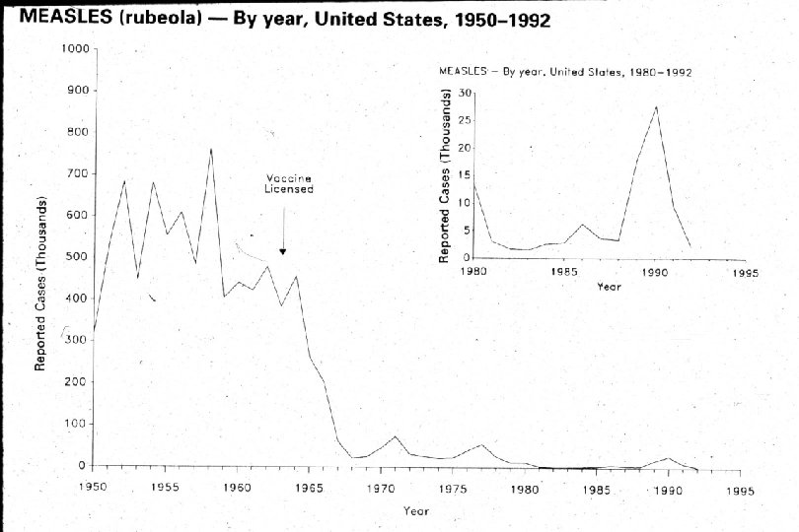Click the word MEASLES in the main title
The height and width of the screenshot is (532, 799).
[x=54, y=19]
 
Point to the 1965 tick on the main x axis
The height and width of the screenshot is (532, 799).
[x=309, y=488]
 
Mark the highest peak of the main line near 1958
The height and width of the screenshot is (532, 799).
[x=210, y=149]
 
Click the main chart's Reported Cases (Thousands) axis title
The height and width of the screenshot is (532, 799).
[x=42, y=286]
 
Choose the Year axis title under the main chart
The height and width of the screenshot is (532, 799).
[x=415, y=510]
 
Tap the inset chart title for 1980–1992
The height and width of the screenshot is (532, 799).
[x=565, y=72]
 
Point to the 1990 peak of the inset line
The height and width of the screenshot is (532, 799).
[x=657, y=106]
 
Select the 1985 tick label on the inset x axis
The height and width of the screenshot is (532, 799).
[x=564, y=272]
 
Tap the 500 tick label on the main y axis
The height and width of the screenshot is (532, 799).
[x=76, y=257]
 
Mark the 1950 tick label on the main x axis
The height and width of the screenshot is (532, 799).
[x=93, y=488]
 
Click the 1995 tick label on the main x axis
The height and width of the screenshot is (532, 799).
[x=739, y=488]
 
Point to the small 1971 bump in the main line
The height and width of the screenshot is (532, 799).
[x=396, y=436]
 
